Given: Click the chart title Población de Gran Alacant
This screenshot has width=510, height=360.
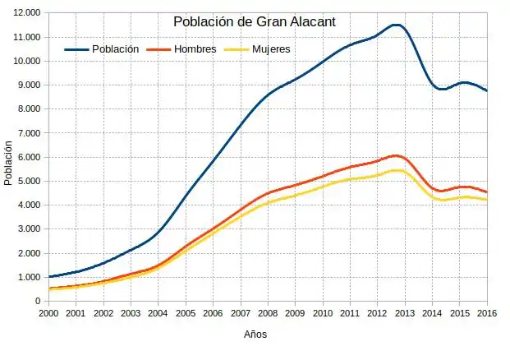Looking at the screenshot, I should coord(255,21).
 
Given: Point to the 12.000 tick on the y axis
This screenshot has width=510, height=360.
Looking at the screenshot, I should coord(26,13).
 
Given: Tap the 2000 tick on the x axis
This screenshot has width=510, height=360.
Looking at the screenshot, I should coord(48,313).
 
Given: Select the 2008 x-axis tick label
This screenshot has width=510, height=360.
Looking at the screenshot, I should coord(268,313).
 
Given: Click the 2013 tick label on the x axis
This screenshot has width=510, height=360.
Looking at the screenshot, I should coord(405,313).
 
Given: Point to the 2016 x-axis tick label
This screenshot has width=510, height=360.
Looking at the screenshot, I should coord(486,313).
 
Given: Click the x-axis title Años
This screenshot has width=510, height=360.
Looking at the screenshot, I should coord(255,335).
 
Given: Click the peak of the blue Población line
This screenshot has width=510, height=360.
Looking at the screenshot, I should coord(397,25).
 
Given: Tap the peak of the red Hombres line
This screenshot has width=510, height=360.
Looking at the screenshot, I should coord(396,155).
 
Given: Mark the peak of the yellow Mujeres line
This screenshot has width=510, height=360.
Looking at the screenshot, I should coord(396,170).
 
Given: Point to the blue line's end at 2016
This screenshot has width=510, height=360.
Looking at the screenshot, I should coord(486,90).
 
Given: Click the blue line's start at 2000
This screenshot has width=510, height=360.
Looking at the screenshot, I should coord(49,277).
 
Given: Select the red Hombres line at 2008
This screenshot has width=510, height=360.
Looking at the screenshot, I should coord(268,193).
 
